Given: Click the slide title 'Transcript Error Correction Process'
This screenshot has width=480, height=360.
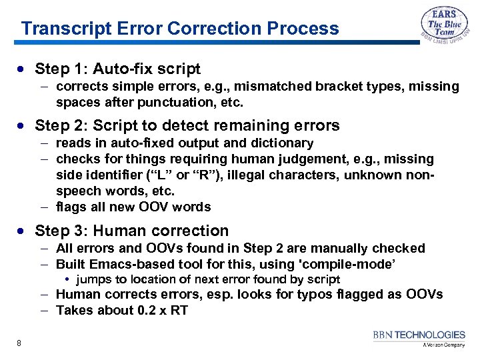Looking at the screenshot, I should click(x=180, y=29).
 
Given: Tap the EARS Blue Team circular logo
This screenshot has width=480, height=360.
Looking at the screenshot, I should click(x=445, y=29).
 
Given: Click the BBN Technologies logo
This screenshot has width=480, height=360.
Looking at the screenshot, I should click(x=419, y=338).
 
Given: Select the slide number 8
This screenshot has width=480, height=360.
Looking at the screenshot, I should click(x=19, y=343).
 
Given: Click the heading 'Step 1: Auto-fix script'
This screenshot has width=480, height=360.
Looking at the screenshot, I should click(x=117, y=69).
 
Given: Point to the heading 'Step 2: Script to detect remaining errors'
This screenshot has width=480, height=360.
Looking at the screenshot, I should click(x=187, y=125).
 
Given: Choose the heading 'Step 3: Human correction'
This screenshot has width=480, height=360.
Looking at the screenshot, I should click(x=131, y=231).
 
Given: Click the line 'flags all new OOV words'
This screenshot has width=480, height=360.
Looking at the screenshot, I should click(x=133, y=207).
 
